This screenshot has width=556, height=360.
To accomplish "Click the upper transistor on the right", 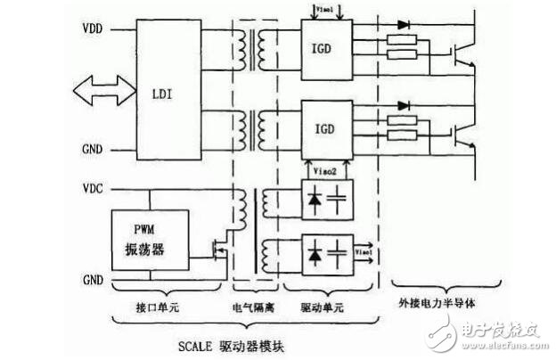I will pos(462,54).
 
